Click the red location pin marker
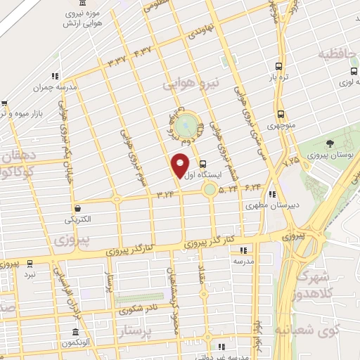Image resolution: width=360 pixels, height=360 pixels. pos(181,165)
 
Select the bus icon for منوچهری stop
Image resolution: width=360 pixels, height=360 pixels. pos(281,115)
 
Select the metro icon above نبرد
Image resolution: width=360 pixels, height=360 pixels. pos(29,264)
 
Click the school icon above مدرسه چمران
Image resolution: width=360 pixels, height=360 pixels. pos(53,77)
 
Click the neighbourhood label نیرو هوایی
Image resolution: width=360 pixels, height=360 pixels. pos(191,84)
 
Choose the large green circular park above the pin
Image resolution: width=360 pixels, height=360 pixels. pos(186,126)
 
